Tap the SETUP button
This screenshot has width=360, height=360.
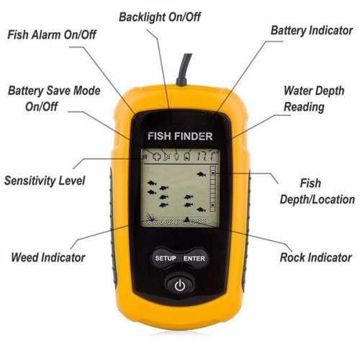coord(166,258)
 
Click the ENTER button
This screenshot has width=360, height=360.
coord(194,258)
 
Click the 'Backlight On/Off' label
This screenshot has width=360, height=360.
coord(160,17)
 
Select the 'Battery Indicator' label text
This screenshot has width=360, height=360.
coord(312,31)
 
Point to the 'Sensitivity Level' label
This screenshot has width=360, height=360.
coord(45,181)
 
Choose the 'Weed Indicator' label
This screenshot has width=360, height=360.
coord(48,257)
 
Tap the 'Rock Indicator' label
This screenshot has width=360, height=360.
coord(316,257)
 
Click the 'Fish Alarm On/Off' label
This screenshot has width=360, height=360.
coord(52,35)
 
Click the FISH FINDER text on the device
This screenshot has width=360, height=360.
coord(180,136)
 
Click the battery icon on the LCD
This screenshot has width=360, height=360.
coord(187,156)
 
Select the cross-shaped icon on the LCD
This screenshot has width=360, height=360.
coord(157,156)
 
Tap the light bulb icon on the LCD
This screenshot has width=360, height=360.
coord(176,156)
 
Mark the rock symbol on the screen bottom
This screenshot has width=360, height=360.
coord(186,219)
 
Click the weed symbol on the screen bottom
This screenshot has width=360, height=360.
coord(151,217)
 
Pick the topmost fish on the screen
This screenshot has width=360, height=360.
coord(202,174)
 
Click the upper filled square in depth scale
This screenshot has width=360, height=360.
coord(213,173)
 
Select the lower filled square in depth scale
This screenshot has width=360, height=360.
coord(213,205)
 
